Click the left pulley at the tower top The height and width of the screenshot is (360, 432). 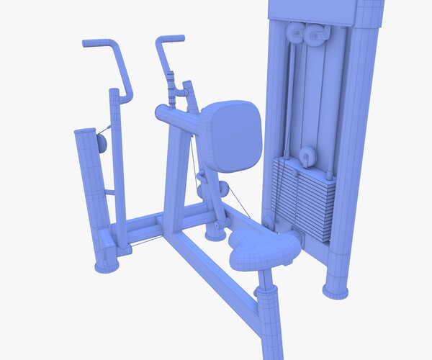295,33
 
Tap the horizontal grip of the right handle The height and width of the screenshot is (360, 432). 171,37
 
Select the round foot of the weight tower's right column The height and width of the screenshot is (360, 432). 335,290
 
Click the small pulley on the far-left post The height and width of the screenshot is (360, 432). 100,142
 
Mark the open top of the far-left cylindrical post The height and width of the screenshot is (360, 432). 84,133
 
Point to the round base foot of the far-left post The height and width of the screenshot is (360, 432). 107,266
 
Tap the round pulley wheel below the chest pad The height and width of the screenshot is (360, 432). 223,189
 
